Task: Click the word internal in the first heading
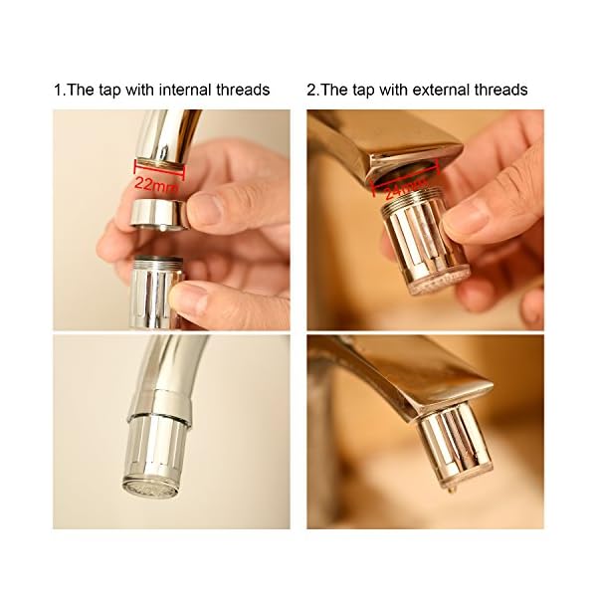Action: click(x=185, y=91)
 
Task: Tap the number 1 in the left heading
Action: click(x=58, y=91)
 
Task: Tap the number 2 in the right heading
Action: click(x=311, y=91)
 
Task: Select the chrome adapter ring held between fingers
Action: click(x=159, y=214)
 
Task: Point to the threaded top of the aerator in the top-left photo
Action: click(x=157, y=261)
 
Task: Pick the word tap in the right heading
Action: click(x=364, y=92)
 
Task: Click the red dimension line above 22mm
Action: click(x=159, y=169)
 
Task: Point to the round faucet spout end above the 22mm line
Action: click(x=161, y=161)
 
